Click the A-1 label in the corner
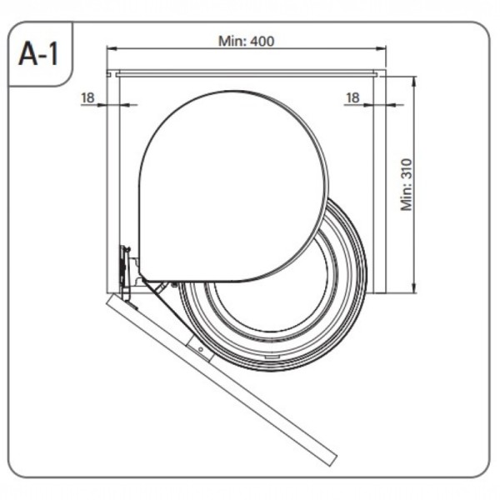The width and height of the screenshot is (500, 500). (x=38, y=53)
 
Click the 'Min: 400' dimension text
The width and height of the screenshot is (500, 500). (x=246, y=41)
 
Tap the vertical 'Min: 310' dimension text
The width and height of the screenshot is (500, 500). (x=407, y=185)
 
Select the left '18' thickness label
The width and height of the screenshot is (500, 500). (x=87, y=97)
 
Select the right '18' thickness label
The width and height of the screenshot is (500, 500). (x=352, y=97)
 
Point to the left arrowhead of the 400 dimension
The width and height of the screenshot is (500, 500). (x=112, y=49)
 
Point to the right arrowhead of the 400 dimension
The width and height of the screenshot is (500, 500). (x=381, y=49)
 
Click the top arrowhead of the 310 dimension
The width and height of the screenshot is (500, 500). (x=414, y=82)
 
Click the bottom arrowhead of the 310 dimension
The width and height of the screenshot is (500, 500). (x=414, y=287)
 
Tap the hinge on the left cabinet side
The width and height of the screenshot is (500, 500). (x=125, y=271)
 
